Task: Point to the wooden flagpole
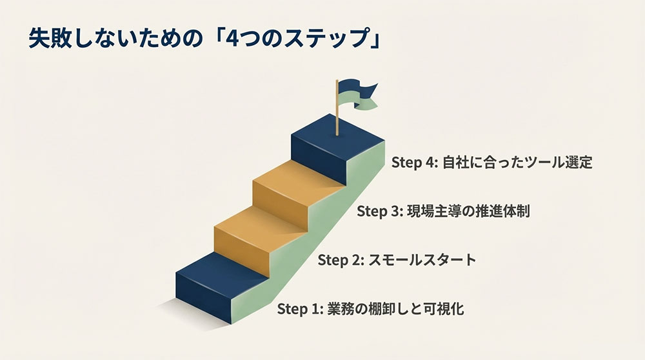[337, 113]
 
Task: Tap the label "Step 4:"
[413, 162]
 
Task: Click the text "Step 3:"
[379, 211]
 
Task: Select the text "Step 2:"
[341, 260]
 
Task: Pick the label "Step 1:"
[300, 309]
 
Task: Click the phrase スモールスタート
[423, 260]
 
